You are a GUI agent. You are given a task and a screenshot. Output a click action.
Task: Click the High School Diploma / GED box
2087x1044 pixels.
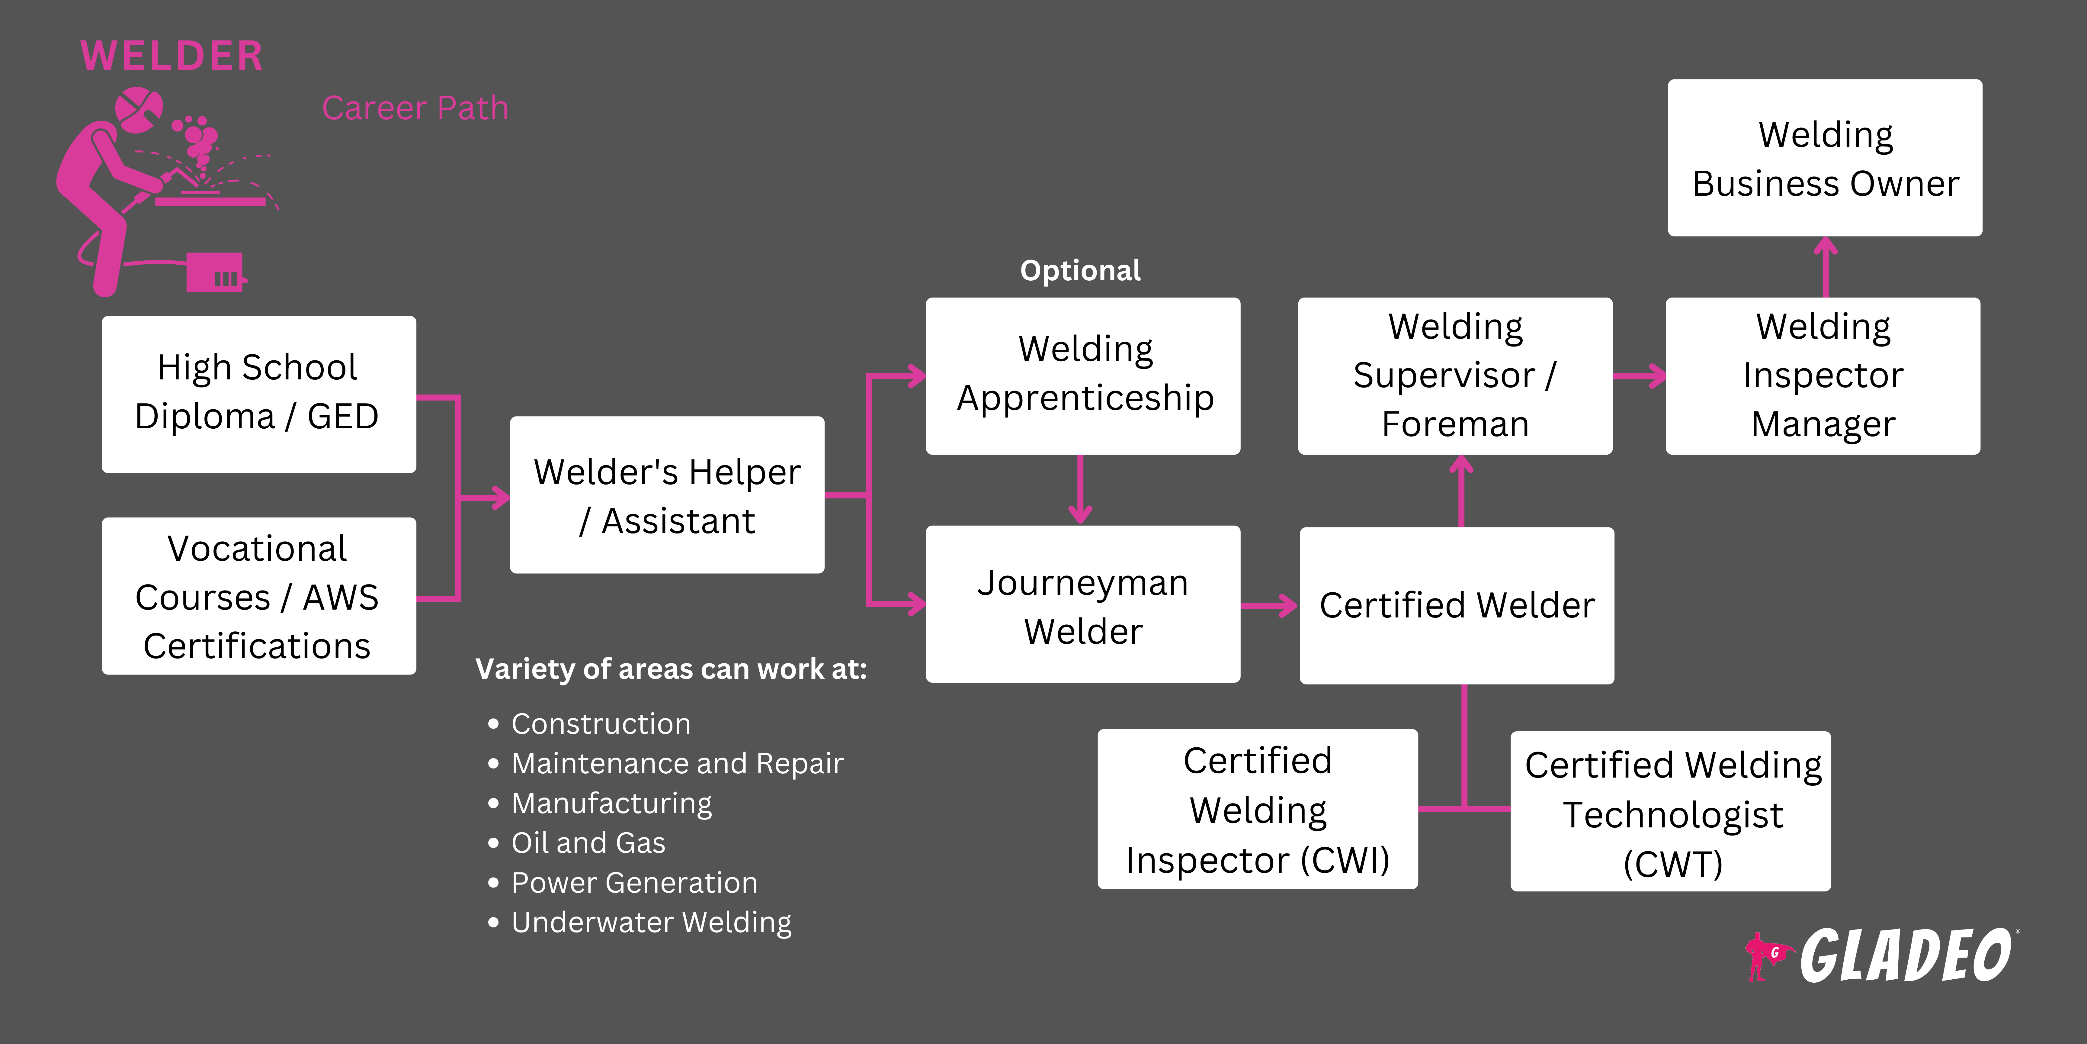click(258, 394)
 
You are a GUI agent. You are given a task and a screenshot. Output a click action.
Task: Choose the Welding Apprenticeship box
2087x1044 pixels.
click(1082, 375)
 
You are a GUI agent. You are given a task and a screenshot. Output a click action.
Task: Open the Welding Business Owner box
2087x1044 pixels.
click(1825, 158)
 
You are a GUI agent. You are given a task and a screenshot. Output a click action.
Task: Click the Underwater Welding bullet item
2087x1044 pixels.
click(651, 923)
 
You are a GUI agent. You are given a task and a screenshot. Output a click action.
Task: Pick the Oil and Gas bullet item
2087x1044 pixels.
click(588, 843)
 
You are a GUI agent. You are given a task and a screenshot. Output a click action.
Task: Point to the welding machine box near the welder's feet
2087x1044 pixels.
click(215, 272)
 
